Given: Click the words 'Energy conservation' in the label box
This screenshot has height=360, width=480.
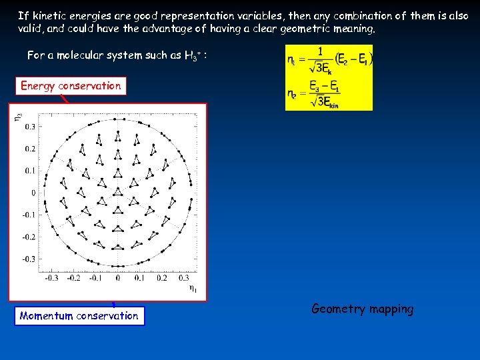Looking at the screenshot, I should (x=71, y=86).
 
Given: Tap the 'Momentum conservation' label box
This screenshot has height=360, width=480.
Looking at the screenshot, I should (x=79, y=316).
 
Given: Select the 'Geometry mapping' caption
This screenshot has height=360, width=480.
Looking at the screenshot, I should (x=362, y=309).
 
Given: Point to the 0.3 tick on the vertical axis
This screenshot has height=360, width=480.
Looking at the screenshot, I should (x=31, y=126).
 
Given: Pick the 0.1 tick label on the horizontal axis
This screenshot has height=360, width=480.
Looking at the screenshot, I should (x=139, y=278).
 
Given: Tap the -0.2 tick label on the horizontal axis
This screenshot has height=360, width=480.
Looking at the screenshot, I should (x=73, y=278).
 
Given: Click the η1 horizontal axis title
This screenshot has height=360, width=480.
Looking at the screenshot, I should (x=192, y=288).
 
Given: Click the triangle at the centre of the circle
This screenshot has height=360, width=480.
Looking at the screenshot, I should (x=117, y=193).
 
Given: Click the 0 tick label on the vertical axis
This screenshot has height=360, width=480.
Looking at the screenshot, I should (x=33, y=193).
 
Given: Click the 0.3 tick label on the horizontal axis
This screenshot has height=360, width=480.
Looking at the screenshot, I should (x=183, y=278).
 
